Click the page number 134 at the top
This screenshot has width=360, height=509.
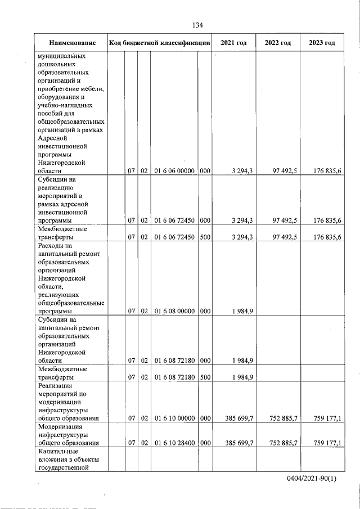click(x=197, y=25)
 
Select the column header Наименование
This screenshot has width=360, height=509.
click(x=71, y=43)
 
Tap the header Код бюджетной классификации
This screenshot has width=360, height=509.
click(x=160, y=43)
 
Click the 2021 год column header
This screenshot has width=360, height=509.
click(x=234, y=43)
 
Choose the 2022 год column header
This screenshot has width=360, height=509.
click(x=278, y=43)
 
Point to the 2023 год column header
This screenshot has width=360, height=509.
click(x=322, y=43)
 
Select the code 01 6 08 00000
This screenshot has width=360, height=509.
click(x=174, y=310)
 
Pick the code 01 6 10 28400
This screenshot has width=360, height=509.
click(x=174, y=443)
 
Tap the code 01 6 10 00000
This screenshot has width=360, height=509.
click(x=174, y=418)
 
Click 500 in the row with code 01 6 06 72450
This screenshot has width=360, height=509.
click(x=205, y=237)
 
